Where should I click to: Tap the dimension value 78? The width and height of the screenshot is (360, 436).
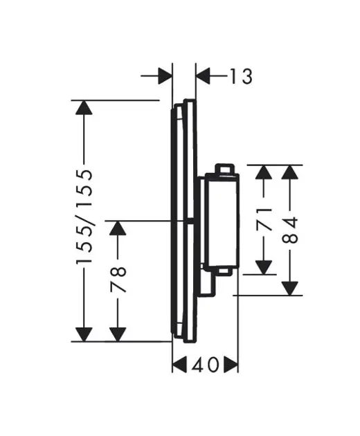(x=118, y=280)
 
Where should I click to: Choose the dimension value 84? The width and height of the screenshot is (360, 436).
(x=291, y=229)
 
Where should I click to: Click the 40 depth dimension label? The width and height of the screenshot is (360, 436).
(x=205, y=363)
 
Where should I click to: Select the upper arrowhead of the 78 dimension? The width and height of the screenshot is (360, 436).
(x=118, y=230)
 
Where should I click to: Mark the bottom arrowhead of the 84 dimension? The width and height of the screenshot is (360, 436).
(x=291, y=284)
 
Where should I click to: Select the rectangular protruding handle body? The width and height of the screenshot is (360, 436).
(x=219, y=221)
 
